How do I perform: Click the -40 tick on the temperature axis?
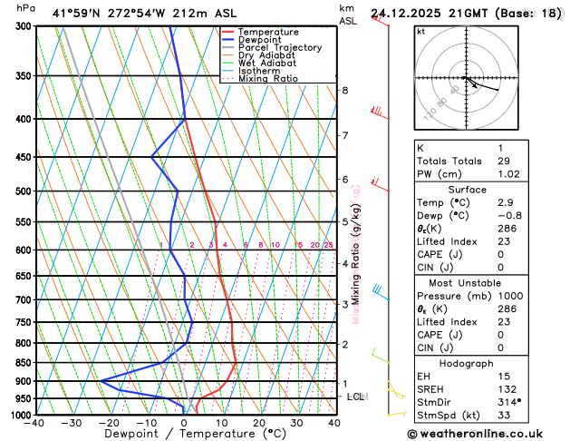click(35, 423)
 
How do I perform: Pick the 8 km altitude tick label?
click(344, 91)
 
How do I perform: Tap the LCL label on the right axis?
click(355, 397)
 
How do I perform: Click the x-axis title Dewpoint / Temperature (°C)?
click(185, 435)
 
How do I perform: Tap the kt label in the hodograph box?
click(420, 31)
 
